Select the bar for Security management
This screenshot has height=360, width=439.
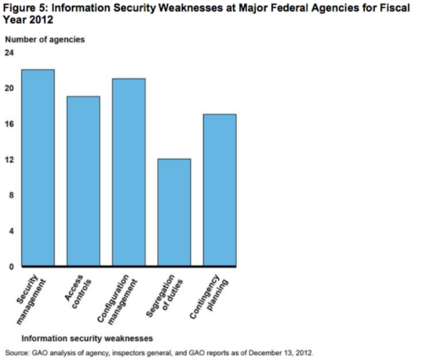tap(38, 167)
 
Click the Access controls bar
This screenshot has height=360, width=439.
tap(83, 181)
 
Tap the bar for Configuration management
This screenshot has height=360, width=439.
tap(129, 172)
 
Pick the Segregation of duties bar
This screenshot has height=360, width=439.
tap(174, 212)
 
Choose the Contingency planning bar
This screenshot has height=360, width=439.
tap(219, 190)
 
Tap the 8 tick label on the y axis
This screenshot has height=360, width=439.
tap(11, 195)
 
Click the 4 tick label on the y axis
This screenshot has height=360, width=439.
tap(11, 231)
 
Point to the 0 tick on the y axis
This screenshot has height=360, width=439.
tap(11, 267)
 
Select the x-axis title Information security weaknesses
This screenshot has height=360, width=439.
tap(87, 338)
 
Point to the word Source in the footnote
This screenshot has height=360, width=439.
tap(16, 352)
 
